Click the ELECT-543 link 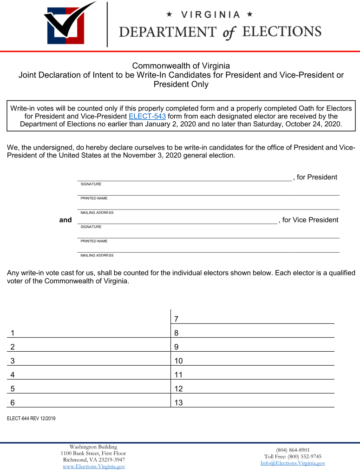pyautogui.click(x=147, y=116)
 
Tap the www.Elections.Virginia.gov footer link pyautogui.click(x=94, y=466)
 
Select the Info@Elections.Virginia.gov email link pyautogui.click(x=293, y=463)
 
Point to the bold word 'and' pyautogui.click(x=65, y=220)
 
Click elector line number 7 pyautogui.click(x=253, y=319)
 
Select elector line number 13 pyautogui.click(x=253, y=403)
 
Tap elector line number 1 pyautogui.click(x=88, y=333)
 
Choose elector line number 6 pyautogui.click(x=88, y=403)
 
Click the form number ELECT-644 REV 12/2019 pyautogui.click(x=31, y=419)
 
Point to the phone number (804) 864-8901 pyautogui.click(x=293, y=450)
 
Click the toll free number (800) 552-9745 pyautogui.click(x=293, y=457)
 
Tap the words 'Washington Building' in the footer pyautogui.click(x=93, y=447)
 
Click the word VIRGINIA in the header pyautogui.click(x=210, y=15)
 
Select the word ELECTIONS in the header pyautogui.click(x=282, y=32)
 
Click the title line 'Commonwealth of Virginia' pyautogui.click(x=181, y=66)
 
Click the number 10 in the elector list pyautogui.click(x=179, y=361)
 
